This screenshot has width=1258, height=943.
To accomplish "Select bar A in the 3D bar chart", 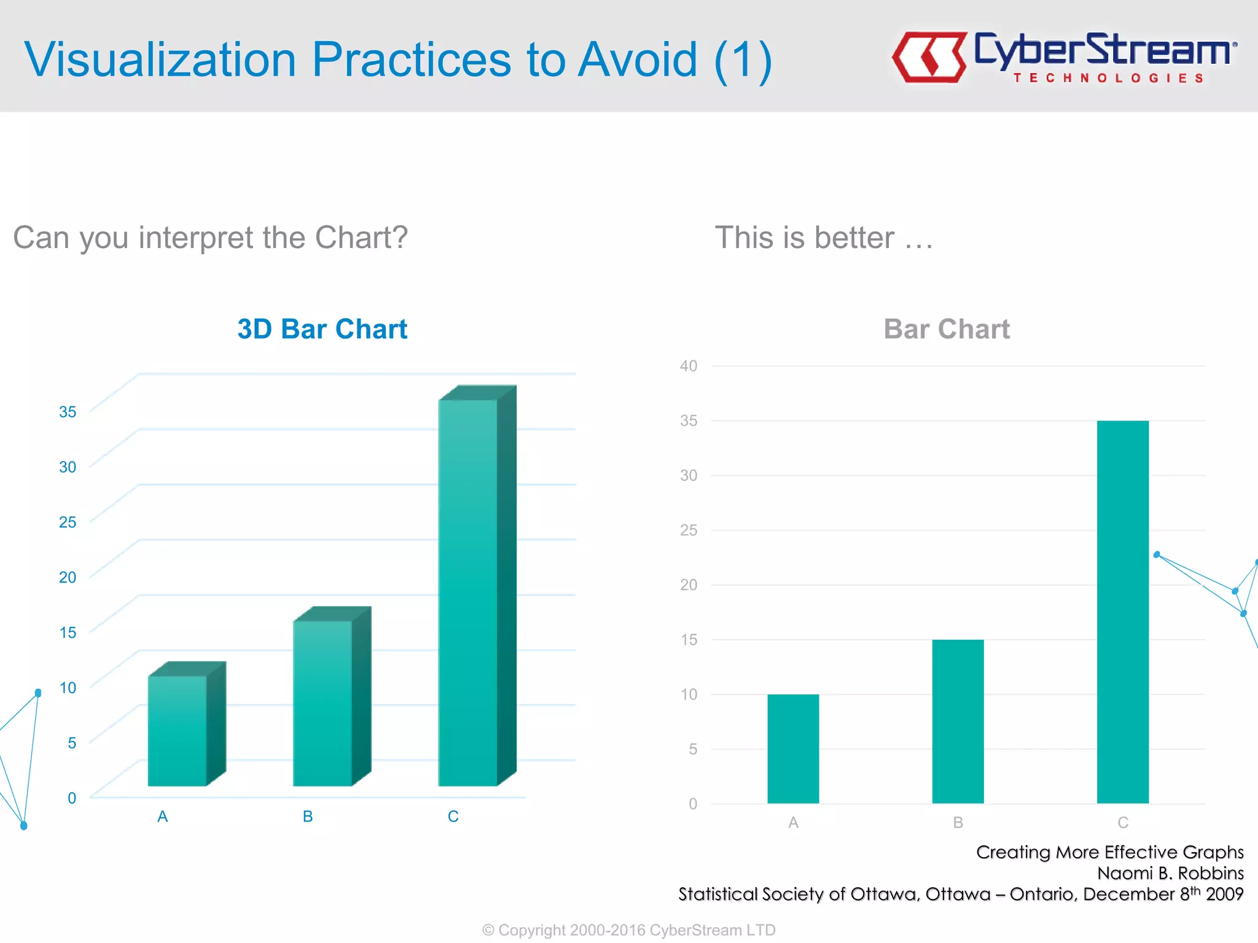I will click(178, 731).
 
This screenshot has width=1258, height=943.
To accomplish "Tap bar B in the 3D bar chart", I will click(322, 703).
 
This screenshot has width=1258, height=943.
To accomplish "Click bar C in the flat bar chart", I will click(1122, 611).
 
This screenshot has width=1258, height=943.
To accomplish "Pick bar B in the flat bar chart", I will click(958, 721).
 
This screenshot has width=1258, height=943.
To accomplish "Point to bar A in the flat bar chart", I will click(793, 748).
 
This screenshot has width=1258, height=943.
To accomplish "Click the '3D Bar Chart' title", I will click(322, 329).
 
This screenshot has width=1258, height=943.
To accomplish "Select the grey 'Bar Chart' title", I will click(947, 329).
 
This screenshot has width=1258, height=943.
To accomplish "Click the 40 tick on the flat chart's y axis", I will click(688, 366).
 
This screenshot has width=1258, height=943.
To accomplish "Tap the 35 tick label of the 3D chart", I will click(68, 411).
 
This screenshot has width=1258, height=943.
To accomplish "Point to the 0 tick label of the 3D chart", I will click(72, 797).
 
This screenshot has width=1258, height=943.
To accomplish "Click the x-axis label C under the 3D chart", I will click(453, 817).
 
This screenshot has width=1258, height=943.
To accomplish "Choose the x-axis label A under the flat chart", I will click(793, 823).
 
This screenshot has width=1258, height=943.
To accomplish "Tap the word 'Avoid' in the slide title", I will click(638, 60).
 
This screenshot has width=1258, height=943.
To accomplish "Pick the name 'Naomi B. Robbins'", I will click(1170, 873).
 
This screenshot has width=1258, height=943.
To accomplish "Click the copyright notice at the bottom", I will click(629, 930).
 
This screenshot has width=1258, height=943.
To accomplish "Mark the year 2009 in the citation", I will click(1225, 894).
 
